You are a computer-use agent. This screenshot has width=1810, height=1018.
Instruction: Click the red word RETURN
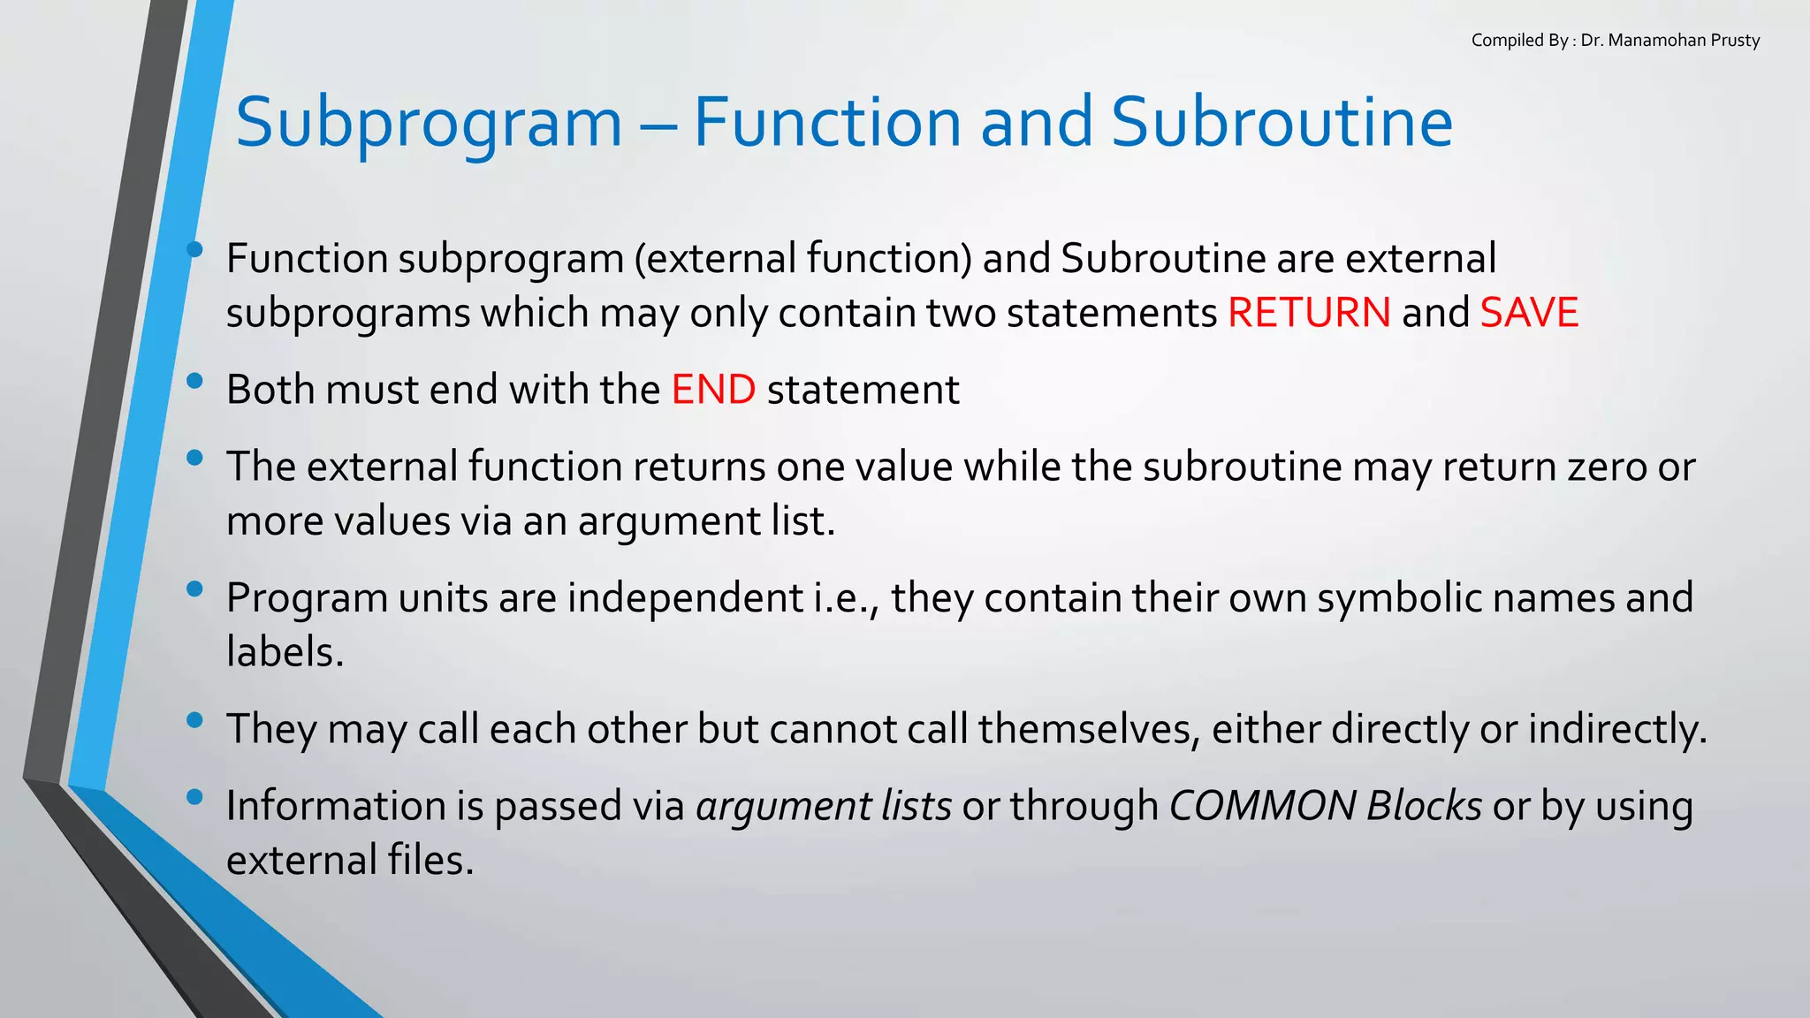[x=1309, y=313]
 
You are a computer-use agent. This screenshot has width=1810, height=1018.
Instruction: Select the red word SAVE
[x=1529, y=313]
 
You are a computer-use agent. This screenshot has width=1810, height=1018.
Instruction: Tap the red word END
[x=713, y=390]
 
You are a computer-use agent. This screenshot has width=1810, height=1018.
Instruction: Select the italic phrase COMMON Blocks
[x=1325, y=806]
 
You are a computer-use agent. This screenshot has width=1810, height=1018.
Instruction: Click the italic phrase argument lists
[x=824, y=806]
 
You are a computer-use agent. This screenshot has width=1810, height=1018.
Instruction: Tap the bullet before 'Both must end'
[x=195, y=382]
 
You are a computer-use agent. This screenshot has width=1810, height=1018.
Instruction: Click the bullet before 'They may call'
[x=195, y=720]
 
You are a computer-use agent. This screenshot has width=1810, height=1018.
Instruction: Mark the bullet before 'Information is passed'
[x=195, y=797]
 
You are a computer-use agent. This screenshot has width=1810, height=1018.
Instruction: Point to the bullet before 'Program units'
[x=195, y=589]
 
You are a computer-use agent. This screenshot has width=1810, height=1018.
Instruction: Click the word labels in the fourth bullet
[x=285, y=653]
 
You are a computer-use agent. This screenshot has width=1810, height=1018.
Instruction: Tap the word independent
[x=685, y=598]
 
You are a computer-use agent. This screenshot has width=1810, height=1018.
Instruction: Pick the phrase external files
[x=350, y=861]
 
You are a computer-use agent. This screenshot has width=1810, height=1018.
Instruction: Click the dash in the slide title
[x=658, y=124]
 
